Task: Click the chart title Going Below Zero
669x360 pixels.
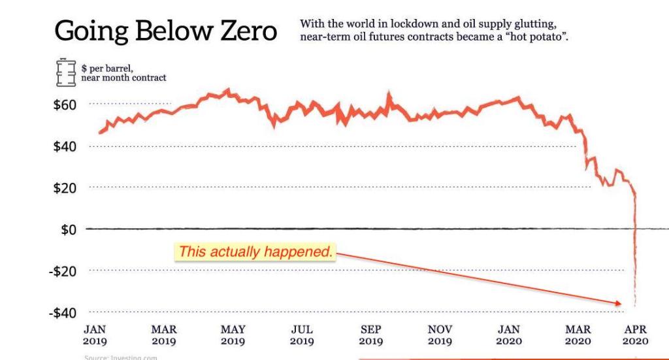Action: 166,31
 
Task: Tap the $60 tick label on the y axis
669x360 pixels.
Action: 65,105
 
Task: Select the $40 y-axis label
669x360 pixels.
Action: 65,146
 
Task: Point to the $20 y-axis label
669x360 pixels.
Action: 65,188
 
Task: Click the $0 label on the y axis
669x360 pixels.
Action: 69,229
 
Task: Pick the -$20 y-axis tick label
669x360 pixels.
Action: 63,271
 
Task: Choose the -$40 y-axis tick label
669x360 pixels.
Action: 63,313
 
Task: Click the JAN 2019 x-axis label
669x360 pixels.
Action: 95,335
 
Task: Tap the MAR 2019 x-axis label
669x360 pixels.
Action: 164,335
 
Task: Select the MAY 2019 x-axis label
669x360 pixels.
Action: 233,335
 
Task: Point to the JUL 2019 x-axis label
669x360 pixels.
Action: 302,335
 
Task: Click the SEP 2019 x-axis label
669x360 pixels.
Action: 371,335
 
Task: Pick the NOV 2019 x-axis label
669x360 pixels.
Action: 440,335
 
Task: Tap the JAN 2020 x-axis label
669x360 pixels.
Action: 509,335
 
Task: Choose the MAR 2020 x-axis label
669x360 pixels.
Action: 578,335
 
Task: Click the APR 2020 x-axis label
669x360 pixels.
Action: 635,335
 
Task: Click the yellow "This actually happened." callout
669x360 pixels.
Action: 255,252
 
